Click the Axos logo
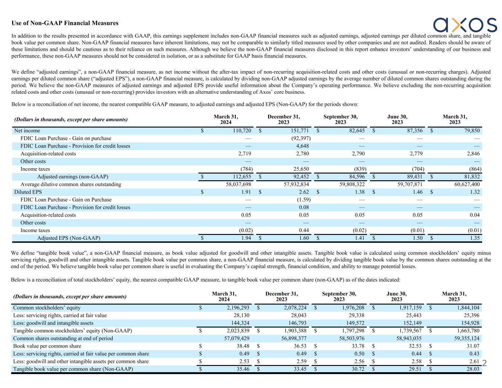click(x=464, y=25)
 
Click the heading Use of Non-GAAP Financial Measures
click(x=65, y=23)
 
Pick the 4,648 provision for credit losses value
click(x=303, y=146)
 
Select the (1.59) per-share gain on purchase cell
click(x=303, y=200)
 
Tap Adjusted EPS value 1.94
click(x=245, y=238)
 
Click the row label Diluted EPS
click(x=28, y=192)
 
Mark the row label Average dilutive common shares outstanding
click(x=71, y=184)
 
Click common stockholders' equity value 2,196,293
click(x=236, y=307)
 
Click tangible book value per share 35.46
click(x=243, y=369)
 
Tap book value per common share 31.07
click(x=473, y=346)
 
